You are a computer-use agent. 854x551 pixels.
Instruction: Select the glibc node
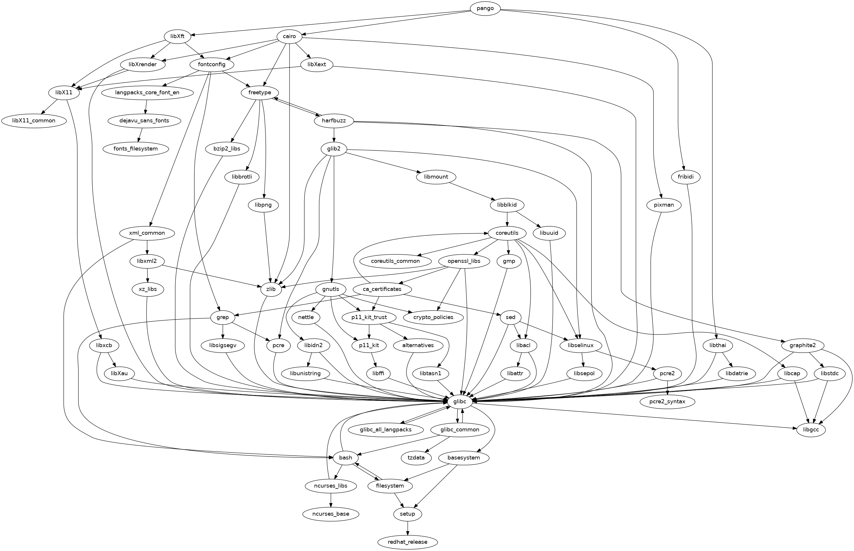[460, 401]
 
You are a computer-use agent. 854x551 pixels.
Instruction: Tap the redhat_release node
[407, 542]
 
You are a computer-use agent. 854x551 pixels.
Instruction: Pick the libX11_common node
[34, 121]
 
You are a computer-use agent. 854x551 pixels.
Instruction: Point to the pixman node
[664, 205]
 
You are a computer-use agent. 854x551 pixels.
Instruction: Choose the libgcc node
[811, 429]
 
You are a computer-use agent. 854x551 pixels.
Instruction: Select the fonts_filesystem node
[135, 148]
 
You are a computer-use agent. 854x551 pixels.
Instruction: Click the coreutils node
[507, 233]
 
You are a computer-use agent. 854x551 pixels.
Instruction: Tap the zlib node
[271, 289]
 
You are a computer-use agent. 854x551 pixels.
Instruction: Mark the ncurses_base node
[331, 514]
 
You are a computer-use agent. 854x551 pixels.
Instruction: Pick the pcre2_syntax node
[667, 401]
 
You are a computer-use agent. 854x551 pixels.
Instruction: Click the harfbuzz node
[333, 121]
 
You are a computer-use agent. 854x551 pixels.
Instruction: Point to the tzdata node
[416, 458]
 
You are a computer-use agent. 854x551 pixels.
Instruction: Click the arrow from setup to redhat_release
[407, 528]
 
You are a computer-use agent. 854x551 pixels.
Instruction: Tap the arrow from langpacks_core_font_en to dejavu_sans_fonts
[146, 107]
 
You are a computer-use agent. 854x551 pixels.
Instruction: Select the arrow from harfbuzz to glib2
[334, 135]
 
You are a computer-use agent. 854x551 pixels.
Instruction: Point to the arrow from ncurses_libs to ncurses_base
[331, 500]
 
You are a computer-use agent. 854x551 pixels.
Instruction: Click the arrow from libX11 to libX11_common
[50, 107]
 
